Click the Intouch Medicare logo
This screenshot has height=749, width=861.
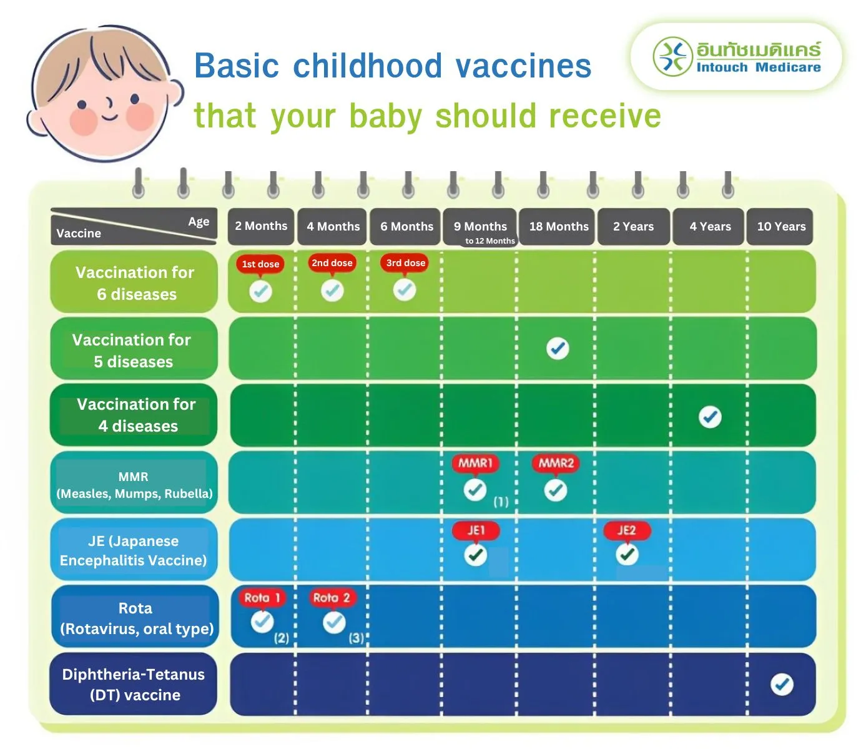(737, 57)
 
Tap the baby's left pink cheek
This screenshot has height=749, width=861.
(82, 120)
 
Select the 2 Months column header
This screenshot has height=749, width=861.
(261, 226)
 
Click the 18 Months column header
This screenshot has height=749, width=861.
(559, 226)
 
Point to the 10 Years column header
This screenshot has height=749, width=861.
(781, 226)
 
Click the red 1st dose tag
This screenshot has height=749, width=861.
(260, 264)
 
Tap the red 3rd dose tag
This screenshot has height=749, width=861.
(405, 263)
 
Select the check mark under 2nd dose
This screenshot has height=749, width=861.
(332, 290)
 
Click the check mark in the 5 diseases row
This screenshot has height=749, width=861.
(558, 349)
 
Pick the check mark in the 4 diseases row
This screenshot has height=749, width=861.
(710, 417)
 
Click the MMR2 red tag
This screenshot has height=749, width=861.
(556, 464)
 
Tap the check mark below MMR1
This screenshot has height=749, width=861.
(475, 490)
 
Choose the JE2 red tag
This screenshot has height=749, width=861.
(626, 531)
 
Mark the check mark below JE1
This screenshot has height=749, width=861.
(476, 555)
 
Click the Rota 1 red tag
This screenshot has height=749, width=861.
(262, 598)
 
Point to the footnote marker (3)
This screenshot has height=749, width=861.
(356, 638)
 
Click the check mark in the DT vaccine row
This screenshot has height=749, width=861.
(782, 685)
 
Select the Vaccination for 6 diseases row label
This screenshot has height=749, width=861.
(135, 283)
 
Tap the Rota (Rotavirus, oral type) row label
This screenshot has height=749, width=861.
(136, 618)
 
